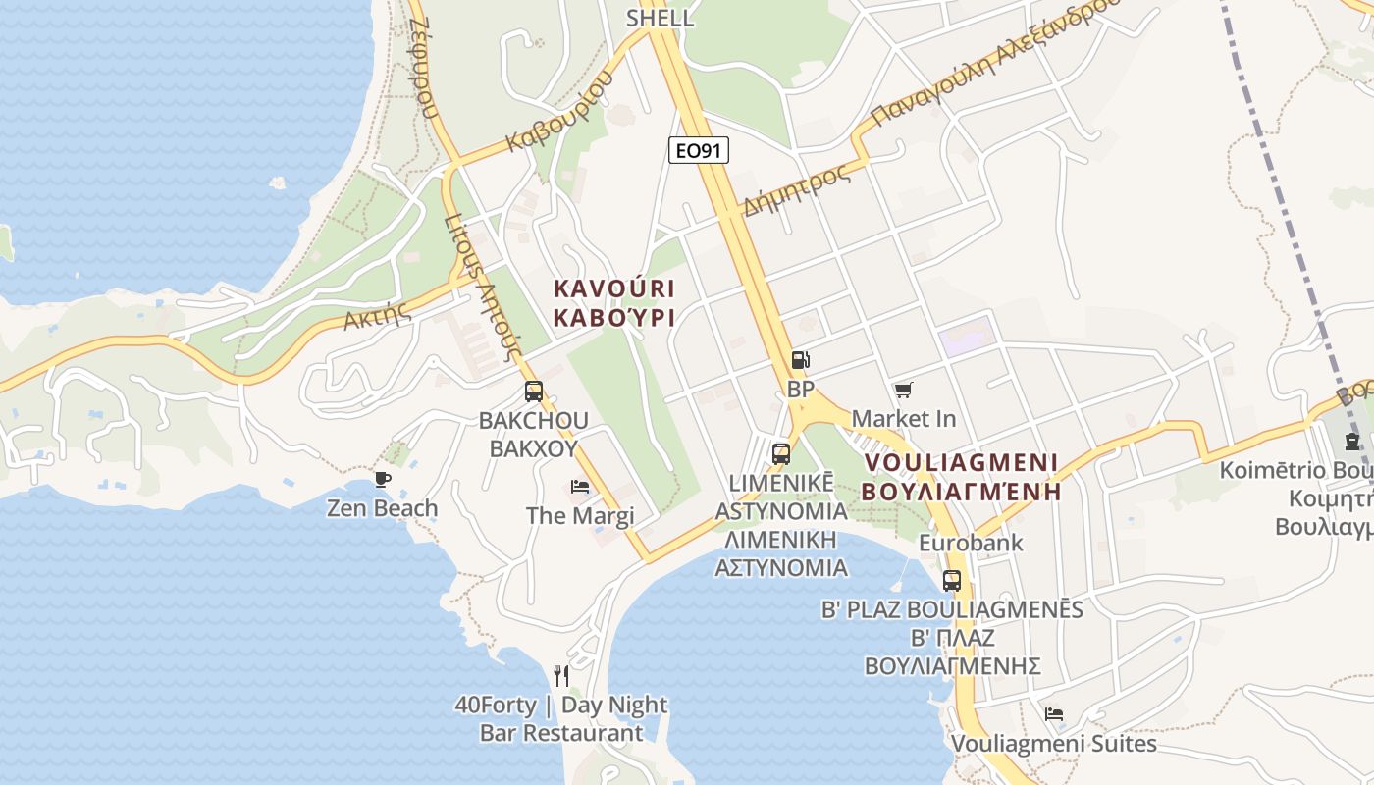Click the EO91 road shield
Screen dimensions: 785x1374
tap(699, 150)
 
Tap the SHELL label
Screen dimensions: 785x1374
tap(660, 18)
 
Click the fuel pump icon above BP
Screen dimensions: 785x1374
tap(800, 361)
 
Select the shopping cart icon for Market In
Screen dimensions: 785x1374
tap(903, 391)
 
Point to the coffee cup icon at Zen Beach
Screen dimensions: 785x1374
tap(382, 479)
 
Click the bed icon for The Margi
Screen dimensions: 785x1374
tap(580, 487)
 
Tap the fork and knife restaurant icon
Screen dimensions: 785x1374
tap(561, 675)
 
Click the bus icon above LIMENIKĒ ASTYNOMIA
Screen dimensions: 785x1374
tap(781, 453)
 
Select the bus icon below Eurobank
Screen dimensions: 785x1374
tap(951, 580)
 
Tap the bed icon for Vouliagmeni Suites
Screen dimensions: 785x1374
tap(1054, 714)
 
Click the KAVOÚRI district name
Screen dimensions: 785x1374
tap(614, 289)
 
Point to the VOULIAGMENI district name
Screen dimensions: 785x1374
tap(962, 462)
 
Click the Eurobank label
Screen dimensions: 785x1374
tap(971, 543)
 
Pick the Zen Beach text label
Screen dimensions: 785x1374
tap(382, 508)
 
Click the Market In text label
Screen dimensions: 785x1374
tap(903, 419)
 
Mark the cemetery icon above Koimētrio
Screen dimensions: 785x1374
tap(1352, 441)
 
